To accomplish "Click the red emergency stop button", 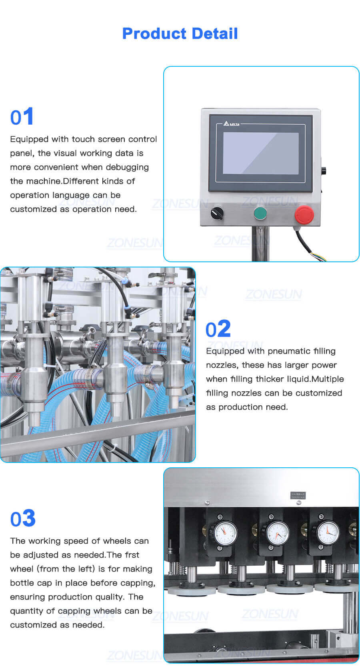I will click(304, 214).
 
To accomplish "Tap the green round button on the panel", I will click(260, 213).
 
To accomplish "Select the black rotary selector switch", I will click(217, 213).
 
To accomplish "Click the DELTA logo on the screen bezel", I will click(232, 124).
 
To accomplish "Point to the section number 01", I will click(22, 117).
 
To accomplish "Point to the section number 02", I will click(218, 329).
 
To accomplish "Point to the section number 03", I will click(23, 518).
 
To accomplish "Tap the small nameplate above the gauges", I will click(298, 495).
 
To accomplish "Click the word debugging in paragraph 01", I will click(124, 167).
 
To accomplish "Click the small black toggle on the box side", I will click(323, 171).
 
